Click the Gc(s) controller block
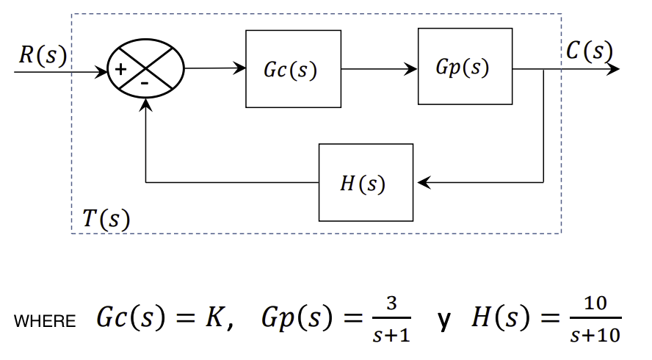tap(293, 69)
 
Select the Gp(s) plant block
tap(465, 67)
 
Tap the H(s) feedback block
tap(365, 182)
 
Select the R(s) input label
tap(42, 55)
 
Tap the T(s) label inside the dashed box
tap(106, 218)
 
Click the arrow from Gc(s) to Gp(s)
tap(379, 69)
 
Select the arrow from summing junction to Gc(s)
tap(214, 69)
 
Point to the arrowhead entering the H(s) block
tap(421, 182)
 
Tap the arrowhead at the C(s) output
tap(613, 69)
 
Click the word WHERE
tap(44, 322)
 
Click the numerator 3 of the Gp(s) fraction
tap(391, 303)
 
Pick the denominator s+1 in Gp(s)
tap(391, 336)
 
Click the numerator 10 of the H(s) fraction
tap(595, 303)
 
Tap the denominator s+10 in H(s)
tap(595, 336)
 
